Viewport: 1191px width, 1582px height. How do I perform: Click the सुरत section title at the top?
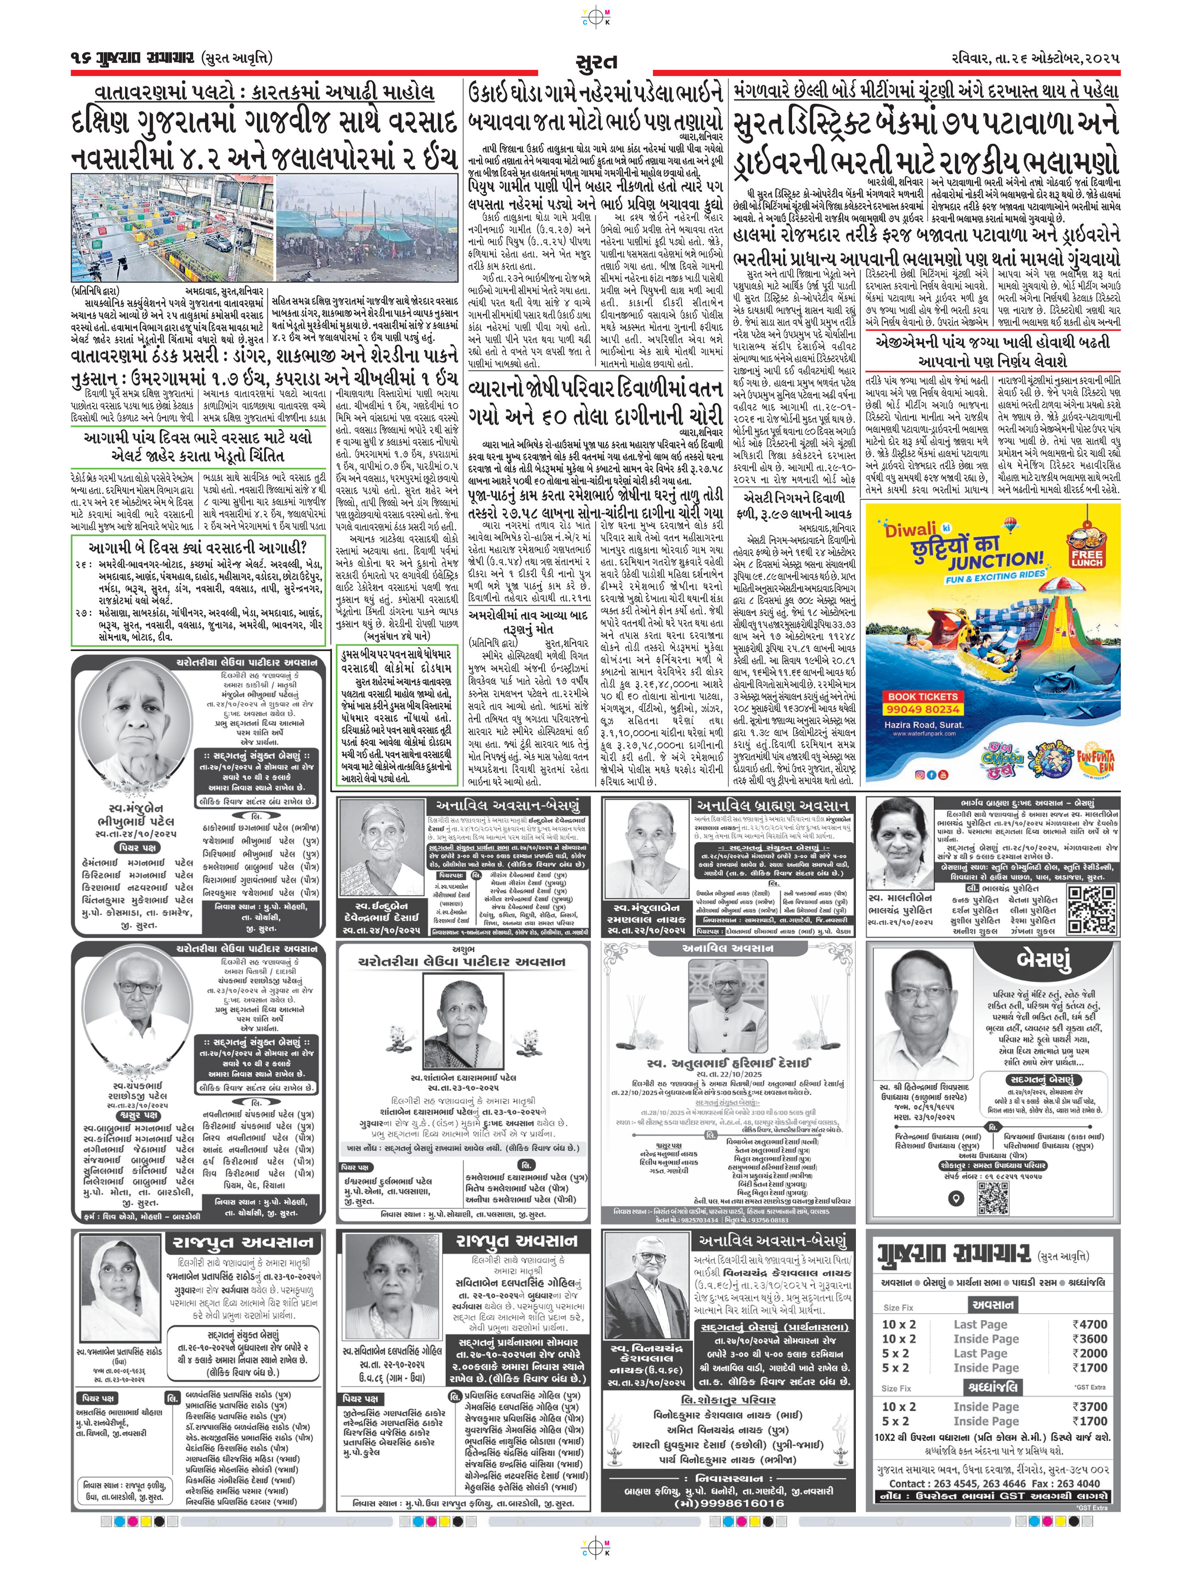(595, 62)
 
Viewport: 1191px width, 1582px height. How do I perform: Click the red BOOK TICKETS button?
(922, 696)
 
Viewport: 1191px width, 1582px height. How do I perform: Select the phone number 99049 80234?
(922, 709)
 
